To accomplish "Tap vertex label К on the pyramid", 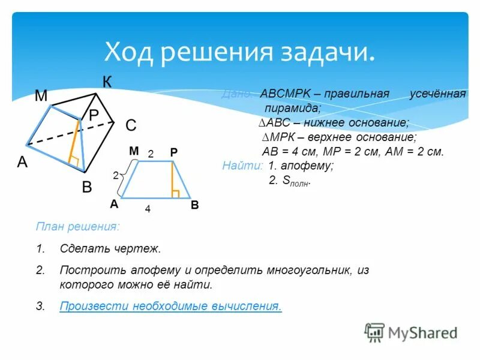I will click(107, 82).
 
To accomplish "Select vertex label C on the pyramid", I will click(131, 125).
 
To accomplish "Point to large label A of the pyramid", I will click(22, 162).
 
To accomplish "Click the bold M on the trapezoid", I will click(133, 153).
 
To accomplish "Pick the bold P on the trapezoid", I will click(173, 154).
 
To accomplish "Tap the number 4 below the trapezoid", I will click(147, 210).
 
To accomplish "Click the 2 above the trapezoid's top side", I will click(151, 154).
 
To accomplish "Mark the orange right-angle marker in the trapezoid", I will click(176, 193).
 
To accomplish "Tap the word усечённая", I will click(437, 95).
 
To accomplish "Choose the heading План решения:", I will click(77, 227).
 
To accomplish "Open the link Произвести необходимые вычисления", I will click(170, 306).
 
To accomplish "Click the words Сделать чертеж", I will click(110, 248).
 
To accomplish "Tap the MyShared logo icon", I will click(374, 332).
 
